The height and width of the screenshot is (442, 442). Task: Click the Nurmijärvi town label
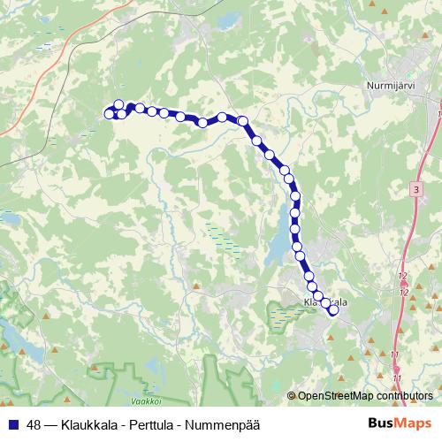coord(391,87)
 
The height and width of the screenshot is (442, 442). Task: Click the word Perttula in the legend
coord(154,423)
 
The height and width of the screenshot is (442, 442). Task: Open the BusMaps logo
coord(400,422)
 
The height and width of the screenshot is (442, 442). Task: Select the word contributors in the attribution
coord(402,396)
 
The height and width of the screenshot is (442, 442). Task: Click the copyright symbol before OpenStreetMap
coord(292,396)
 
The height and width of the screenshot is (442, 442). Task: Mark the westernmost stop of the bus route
coord(110,113)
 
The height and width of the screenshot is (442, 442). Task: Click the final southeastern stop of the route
coord(333,309)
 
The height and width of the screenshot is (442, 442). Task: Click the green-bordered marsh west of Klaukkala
coord(283,314)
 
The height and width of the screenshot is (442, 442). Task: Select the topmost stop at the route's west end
coord(118,105)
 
